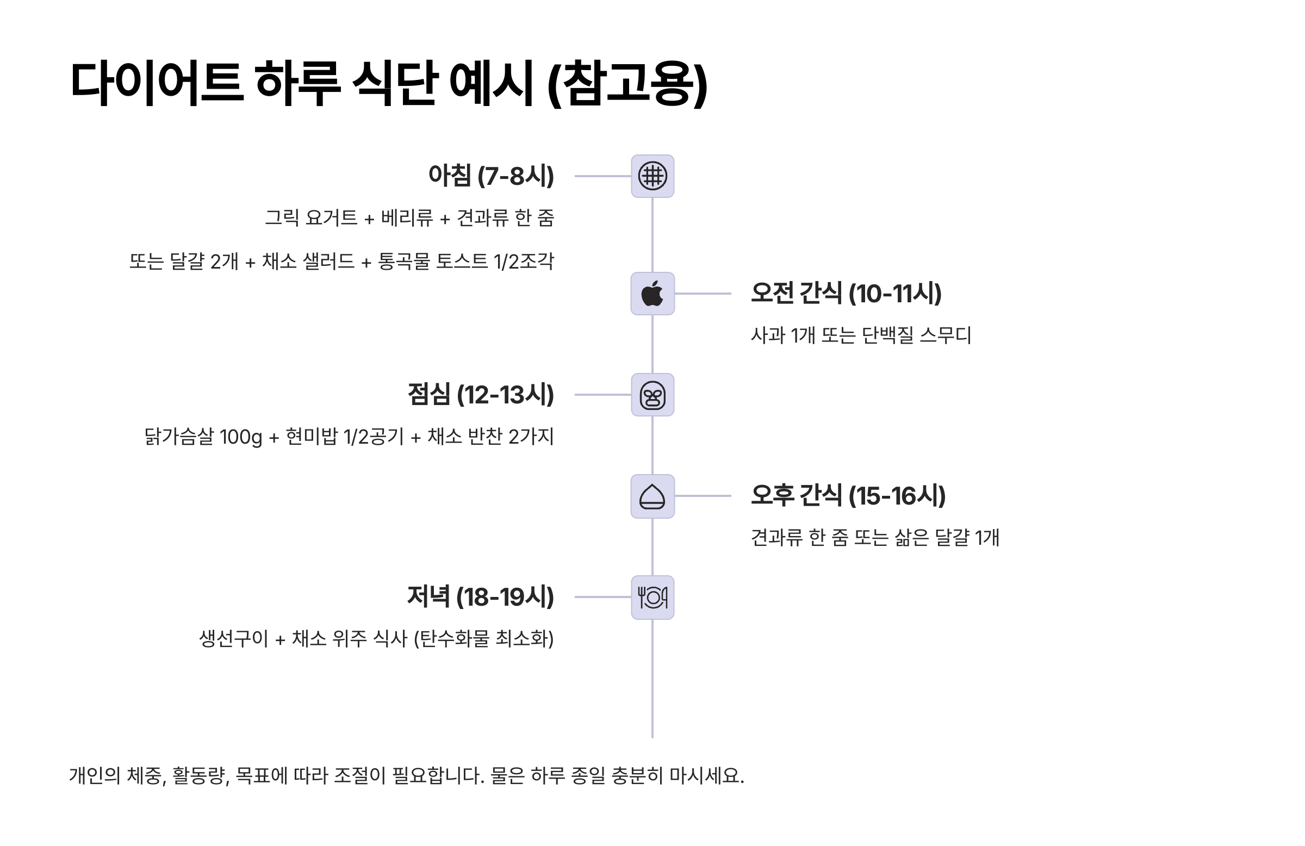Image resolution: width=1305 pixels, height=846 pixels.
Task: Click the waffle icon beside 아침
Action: tap(652, 176)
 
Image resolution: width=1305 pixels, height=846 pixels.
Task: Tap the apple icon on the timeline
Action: tap(652, 294)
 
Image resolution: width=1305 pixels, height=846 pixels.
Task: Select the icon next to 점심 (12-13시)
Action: tap(652, 395)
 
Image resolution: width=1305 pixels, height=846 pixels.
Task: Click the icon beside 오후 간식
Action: tap(652, 496)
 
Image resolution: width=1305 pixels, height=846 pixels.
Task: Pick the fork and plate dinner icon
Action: tap(652, 597)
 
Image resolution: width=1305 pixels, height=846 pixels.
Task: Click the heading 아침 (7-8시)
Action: tap(491, 176)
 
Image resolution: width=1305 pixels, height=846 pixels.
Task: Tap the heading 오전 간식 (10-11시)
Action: tap(846, 294)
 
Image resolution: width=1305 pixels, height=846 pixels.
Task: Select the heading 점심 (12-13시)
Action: tap(480, 395)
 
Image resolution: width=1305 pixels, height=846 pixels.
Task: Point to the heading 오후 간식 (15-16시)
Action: tap(848, 496)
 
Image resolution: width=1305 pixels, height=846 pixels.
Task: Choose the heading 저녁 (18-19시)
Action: tap(480, 596)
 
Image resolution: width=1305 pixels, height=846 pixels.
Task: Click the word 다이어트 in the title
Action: tap(156, 83)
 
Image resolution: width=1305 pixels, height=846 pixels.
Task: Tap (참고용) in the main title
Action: tap(628, 83)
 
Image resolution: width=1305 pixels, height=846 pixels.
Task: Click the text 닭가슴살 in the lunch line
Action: tap(179, 437)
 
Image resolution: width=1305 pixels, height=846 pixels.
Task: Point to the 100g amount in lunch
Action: tap(241, 438)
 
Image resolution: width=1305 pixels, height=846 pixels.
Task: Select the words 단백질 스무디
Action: tap(916, 335)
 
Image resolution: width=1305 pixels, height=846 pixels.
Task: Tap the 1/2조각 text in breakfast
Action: tap(524, 261)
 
